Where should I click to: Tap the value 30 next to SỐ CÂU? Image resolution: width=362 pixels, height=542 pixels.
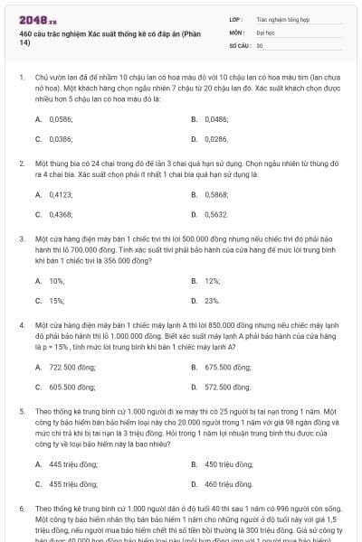coord(260,44)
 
